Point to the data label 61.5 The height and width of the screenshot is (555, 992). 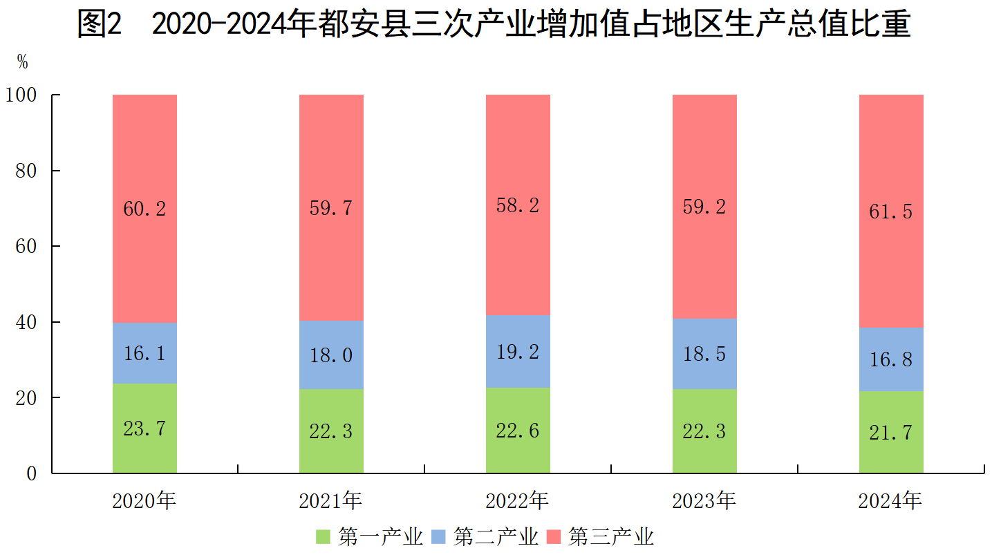pyautogui.click(x=891, y=211)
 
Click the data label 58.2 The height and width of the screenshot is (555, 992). pyautogui.click(x=518, y=205)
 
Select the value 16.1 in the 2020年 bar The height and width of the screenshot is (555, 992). pyautogui.click(x=144, y=354)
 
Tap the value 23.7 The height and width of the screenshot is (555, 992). pyautogui.click(x=144, y=429)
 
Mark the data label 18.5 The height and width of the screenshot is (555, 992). pyautogui.click(x=704, y=354)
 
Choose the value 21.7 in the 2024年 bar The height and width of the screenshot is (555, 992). pyautogui.click(x=891, y=433)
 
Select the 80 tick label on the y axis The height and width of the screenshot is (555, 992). pyautogui.click(x=28, y=171)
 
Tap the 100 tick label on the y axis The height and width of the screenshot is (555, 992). pyautogui.click(x=24, y=95)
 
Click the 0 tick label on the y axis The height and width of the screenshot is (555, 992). pyautogui.click(x=32, y=474)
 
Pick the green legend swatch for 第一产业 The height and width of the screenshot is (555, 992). pyautogui.click(x=323, y=537)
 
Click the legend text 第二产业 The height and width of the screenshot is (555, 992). pyautogui.click(x=496, y=537)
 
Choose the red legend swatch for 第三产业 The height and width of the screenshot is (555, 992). pyautogui.click(x=554, y=537)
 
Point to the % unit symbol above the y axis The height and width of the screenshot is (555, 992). pyautogui.click(x=23, y=62)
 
